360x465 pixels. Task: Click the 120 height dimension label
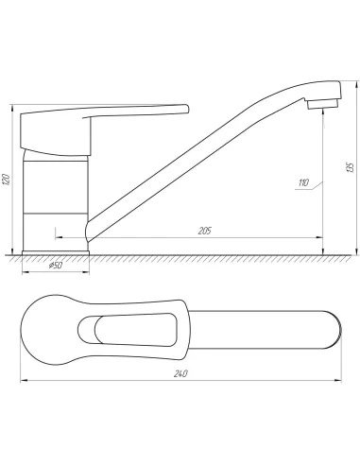7,179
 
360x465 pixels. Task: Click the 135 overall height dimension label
350,167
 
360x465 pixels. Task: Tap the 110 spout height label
303,182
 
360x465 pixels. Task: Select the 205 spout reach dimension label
205,231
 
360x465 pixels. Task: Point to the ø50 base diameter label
56,266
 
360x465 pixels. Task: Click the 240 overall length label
180,374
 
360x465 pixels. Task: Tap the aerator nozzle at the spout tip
323,104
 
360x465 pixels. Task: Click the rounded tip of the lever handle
186,109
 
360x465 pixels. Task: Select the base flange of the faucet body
56,252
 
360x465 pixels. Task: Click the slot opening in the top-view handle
128,330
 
